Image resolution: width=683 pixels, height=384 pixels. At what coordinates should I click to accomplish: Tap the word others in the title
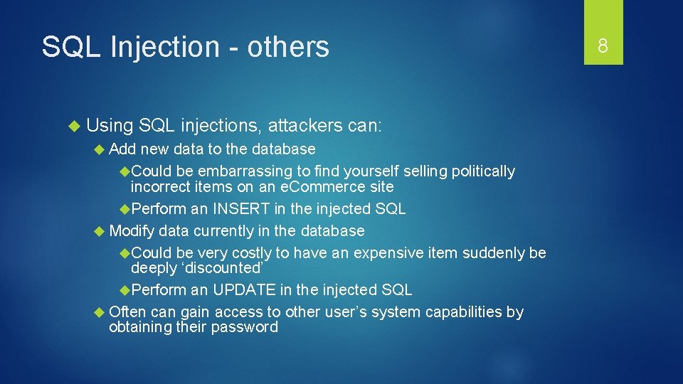click(x=288, y=47)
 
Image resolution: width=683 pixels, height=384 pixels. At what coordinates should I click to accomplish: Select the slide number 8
click(x=603, y=47)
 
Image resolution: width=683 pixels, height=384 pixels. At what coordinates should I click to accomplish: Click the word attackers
click(x=306, y=126)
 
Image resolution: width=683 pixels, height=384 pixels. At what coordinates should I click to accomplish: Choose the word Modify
click(x=132, y=231)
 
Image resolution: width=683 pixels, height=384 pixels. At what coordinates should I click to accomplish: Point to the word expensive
click(x=387, y=253)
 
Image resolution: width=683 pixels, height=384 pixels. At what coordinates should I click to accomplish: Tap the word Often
click(x=128, y=312)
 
